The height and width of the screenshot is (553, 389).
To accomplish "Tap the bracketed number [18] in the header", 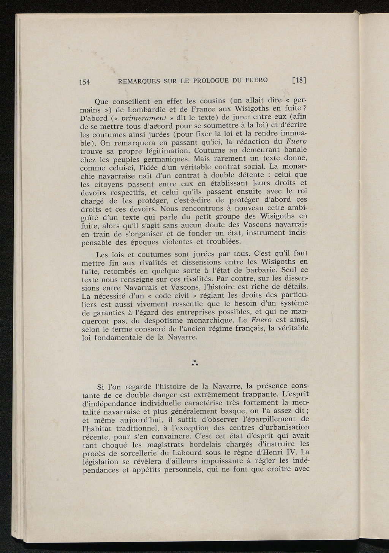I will (x=299, y=80).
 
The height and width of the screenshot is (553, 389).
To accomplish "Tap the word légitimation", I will (x=162, y=151).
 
